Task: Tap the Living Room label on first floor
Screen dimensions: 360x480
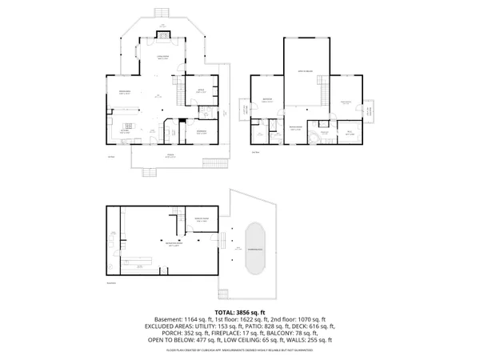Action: tap(162, 57)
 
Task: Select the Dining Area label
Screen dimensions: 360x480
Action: tap(125, 93)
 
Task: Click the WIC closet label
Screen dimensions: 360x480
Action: tap(350, 134)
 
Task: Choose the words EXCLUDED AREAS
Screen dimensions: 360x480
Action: tap(170, 326)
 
